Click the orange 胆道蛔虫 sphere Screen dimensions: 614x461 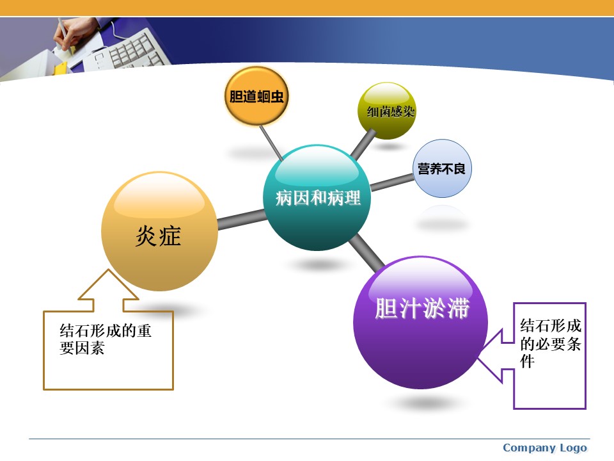(x=256, y=96)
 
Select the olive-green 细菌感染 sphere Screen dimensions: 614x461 (x=386, y=111)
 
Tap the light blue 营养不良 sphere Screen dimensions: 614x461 (x=442, y=168)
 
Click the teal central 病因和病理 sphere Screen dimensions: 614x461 (x=317, y=198)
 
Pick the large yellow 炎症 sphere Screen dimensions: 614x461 (x=159, y=231)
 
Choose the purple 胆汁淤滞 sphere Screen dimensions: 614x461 (x=421, y=322)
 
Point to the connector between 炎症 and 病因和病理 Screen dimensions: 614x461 (x=242, y=220)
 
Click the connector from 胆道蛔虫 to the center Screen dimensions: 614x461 (x=271, y=142)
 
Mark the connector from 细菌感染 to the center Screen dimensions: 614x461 (x=363, y=144)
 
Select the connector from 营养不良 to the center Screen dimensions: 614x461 (x=392, y=182)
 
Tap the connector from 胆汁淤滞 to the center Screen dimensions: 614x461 (x=366, y=254)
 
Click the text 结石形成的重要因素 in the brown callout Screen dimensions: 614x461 (x=106, y=339)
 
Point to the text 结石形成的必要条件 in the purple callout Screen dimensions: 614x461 (x=550, y=343)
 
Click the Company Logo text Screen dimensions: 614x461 (x=545, y=448)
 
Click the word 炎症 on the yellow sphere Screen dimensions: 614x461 (x=158, y=236)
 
